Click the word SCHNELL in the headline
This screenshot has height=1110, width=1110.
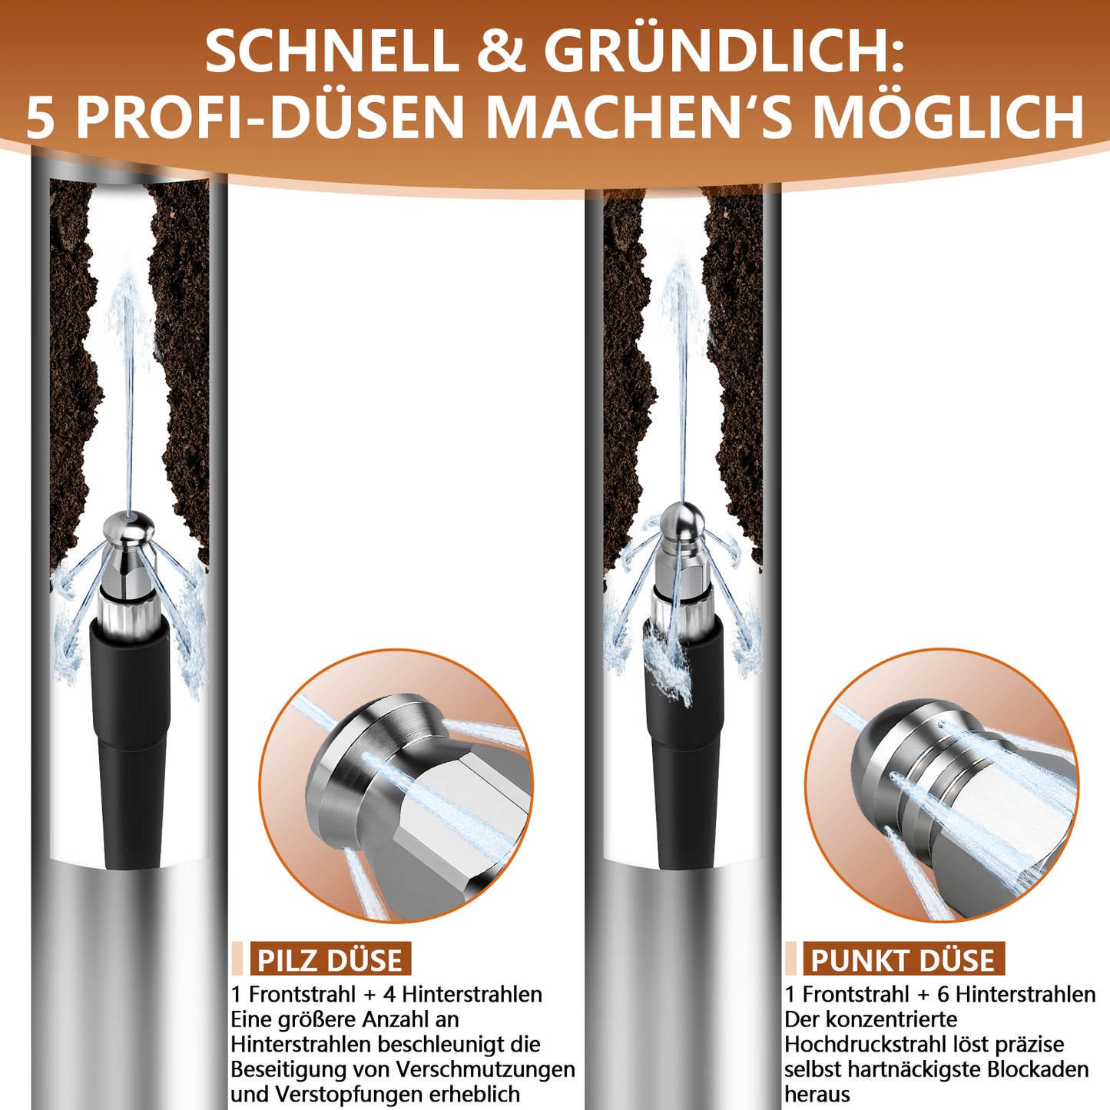pos(331,51)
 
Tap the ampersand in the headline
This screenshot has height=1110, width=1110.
pos(500,51)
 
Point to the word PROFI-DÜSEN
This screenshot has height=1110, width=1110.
pos(270,118)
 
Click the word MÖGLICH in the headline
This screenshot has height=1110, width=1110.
pos(948,118)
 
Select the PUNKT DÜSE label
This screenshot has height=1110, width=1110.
pos(903,959)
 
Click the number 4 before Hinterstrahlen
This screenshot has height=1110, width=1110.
pos(389,994)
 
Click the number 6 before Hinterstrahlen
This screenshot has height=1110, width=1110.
pos(943,994)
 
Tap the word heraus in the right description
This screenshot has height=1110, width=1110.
pos(817,1094)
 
